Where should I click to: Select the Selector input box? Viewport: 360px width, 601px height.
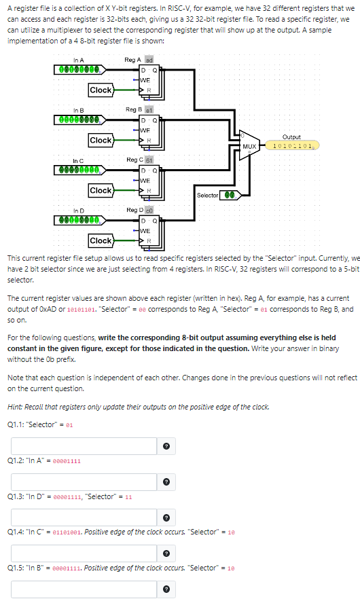(232, 195)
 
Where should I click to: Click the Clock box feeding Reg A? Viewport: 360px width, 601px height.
(101, 90)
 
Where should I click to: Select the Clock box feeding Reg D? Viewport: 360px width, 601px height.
(101, 240)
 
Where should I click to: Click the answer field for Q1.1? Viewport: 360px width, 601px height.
(86, 445)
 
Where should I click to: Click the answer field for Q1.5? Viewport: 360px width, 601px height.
(86, 588)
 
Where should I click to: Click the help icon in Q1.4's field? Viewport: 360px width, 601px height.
(166, 552)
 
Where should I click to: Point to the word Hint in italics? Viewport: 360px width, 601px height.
(14, 407)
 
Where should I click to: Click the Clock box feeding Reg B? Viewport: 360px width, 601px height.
(101, 140)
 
